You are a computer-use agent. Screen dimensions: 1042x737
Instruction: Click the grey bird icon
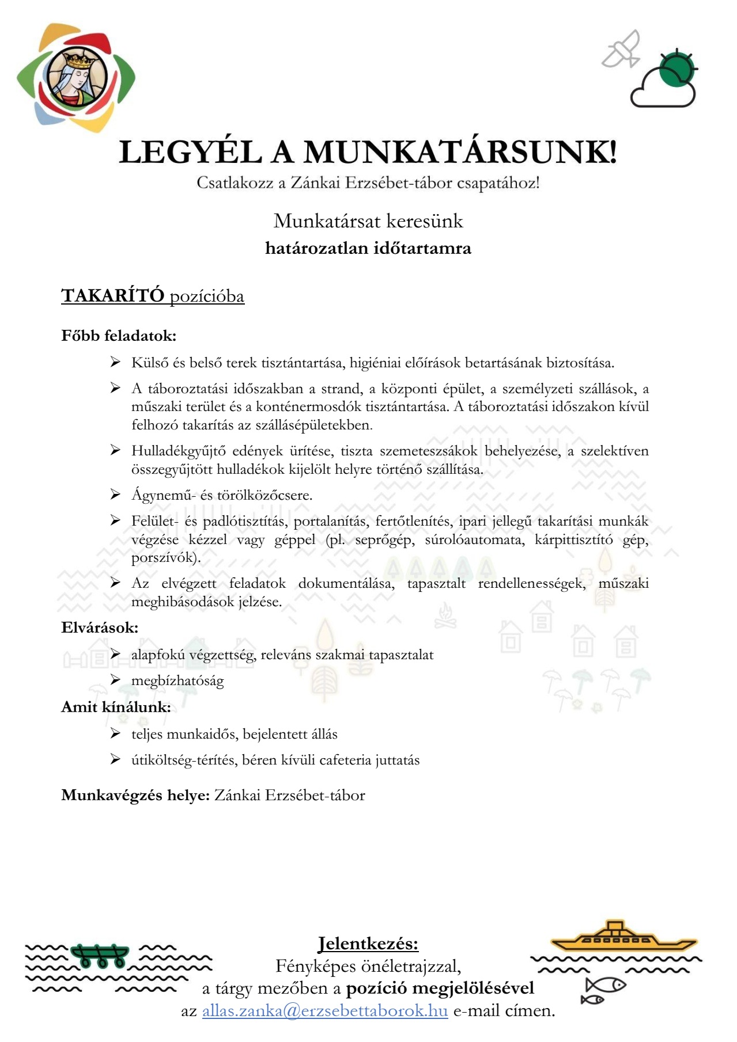(x=621, y=50)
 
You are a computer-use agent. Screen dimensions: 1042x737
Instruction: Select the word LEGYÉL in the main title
(x=190, y=153)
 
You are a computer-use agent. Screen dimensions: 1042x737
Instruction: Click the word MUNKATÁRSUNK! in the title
(x=460, y=153)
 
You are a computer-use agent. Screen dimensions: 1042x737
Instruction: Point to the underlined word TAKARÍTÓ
(x=113, y=296)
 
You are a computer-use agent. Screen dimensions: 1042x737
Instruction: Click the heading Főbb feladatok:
(x=119, y=336)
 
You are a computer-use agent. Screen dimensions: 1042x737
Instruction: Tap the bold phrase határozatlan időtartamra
(x=368, y=248)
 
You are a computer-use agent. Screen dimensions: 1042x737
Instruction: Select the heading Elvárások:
(x=100, y=628)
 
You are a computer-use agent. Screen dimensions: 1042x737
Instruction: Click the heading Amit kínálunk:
(x=116, y=707)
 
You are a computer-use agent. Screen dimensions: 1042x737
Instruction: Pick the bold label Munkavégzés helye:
(x=135, y=796)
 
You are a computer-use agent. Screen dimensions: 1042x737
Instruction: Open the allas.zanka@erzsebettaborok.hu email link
(x=325, y=1011)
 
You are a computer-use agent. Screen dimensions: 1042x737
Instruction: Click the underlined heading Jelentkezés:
(x=368, y=944)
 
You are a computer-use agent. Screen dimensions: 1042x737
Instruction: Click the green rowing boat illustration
(x=100, y=956)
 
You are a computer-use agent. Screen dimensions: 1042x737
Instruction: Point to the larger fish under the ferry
(x=606, y=985)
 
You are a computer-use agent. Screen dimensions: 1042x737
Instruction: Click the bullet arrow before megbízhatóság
(x=115, y=680)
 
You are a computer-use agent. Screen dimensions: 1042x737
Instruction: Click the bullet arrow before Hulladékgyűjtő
(x=115, y=450)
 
